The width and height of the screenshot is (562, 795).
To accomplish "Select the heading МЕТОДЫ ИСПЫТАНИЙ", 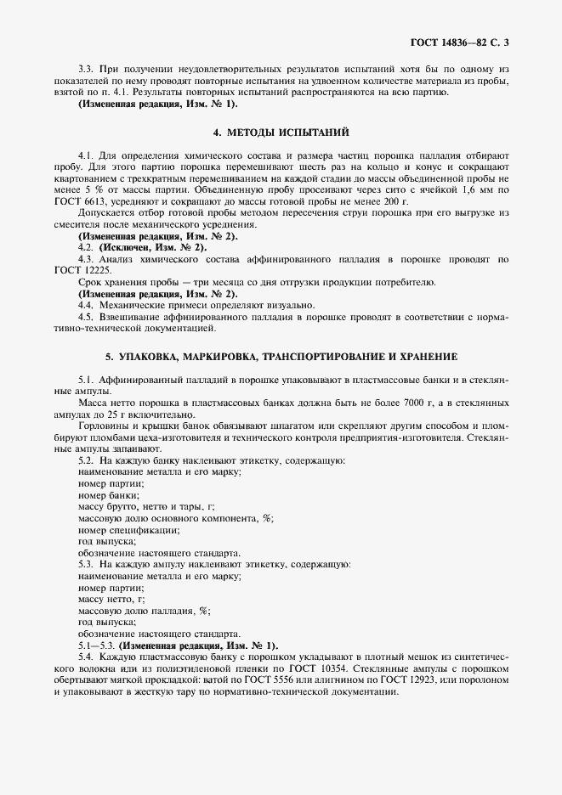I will (x=281, y=132).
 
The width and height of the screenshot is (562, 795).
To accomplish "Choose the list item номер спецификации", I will (x=128, y=529).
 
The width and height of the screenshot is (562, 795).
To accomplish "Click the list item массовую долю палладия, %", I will (x=144, y=611).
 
